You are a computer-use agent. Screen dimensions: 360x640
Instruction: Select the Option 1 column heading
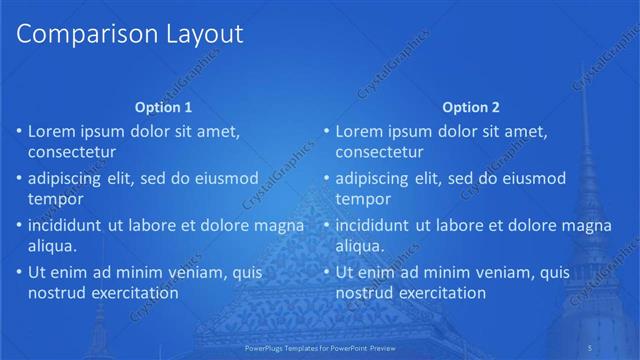[x=163, y=107]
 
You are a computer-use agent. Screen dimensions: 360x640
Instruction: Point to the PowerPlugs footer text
[x=320, y=346]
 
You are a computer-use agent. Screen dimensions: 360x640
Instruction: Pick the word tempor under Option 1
[x=55, y=199]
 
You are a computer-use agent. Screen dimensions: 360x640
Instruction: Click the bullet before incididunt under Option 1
[x=19, y=224]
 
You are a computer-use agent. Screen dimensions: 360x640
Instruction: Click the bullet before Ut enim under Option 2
[x=327, y=271]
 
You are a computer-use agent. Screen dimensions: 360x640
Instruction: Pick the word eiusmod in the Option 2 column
[x=532, y=178]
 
